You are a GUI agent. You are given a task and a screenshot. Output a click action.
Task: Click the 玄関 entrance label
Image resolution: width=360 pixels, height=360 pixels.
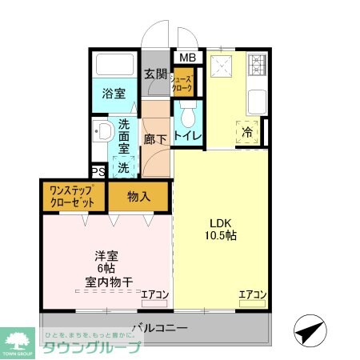coord(155,74)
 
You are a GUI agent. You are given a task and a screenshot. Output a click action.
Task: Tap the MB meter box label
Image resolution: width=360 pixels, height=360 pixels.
coord(186,58)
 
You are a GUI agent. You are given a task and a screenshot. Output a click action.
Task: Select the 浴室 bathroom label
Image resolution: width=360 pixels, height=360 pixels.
coord(113,93)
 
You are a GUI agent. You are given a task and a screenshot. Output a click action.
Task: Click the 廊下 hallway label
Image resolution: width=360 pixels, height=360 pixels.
coord(155,138)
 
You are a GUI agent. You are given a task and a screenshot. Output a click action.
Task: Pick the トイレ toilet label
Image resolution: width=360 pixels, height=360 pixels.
coord(188,137)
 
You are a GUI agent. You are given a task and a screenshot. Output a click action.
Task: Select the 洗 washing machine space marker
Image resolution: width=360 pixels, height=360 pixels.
coord(123,168)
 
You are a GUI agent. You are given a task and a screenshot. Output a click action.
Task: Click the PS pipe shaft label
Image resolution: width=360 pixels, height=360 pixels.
coord(98,172)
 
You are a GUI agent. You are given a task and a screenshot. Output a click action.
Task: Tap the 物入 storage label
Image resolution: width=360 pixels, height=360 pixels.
coord(139,197)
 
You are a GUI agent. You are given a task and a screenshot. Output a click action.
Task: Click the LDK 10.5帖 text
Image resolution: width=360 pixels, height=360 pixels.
coord(220,230)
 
